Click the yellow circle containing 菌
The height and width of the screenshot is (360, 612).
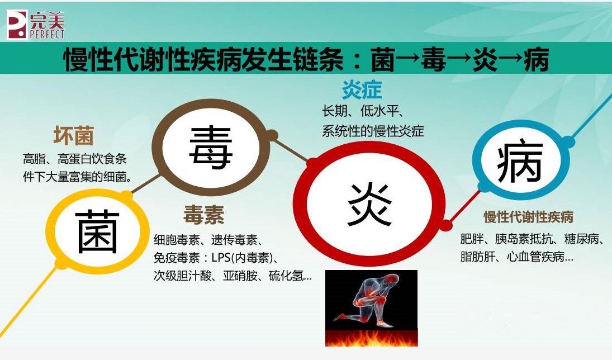coord(98,231)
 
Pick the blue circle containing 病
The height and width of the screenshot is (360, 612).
coord(520,162)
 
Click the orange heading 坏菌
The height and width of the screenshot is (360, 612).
coord(73,136)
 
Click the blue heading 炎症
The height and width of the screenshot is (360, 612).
coord(362,89)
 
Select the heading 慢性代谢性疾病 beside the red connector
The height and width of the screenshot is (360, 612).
coord(528,217)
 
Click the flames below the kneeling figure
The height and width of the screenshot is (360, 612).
coord(371,338)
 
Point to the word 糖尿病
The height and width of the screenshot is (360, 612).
coord(581,239)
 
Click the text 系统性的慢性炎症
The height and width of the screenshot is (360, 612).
coord(373,132)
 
